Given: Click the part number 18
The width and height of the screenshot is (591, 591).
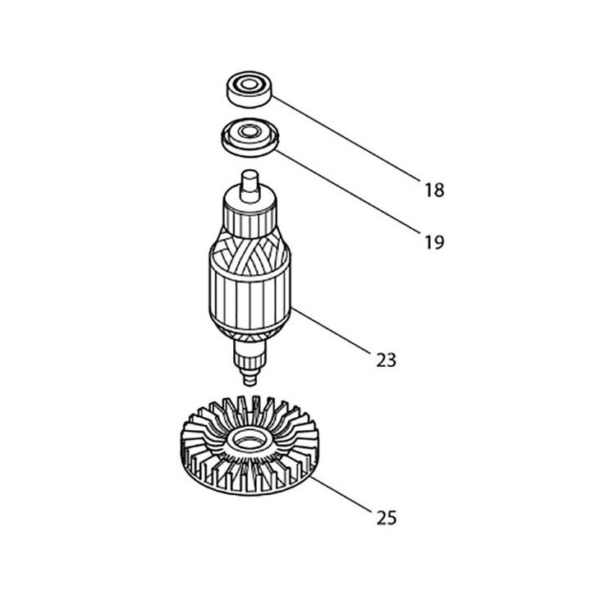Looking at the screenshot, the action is click(434, 190).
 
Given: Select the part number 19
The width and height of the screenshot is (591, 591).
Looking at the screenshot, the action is click(434, 242).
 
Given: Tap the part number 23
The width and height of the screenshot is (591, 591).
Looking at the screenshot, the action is click(386, 360).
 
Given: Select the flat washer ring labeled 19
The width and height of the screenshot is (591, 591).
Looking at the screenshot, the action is click(249, 135).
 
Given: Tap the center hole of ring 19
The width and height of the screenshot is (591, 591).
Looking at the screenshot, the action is click(248, 131).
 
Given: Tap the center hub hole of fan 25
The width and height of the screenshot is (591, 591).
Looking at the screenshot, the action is click(248, 444).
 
